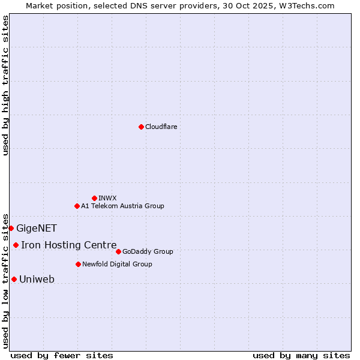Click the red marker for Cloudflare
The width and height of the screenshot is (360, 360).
[141, 127]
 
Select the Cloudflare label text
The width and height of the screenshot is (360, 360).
[161, 127]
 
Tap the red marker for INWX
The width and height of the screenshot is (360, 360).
[94, 198]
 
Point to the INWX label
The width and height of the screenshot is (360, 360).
[107, 198]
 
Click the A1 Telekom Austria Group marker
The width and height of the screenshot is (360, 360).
[77, 206]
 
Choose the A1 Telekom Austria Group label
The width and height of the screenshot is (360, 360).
[122, 206]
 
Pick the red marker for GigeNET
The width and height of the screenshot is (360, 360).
[11, 228]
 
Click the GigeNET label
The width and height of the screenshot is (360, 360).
[37, 228]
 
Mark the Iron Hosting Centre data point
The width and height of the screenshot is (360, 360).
[16, 245]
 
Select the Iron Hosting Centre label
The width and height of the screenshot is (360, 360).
[68, 245]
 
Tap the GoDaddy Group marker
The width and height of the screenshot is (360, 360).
[118, 251]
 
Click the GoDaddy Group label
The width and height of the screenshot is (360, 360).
[148, 251]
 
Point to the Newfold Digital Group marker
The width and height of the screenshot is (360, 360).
[78, 264]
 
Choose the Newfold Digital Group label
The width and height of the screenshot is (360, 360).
[117, 264]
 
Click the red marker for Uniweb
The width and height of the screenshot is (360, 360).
[14, 279]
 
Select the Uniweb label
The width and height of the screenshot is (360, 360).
[37, 279]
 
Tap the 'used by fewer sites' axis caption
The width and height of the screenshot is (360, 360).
[62, 355]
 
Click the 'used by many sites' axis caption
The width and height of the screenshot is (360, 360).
[301, 355]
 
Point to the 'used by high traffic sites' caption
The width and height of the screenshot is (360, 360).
[5, 85]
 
